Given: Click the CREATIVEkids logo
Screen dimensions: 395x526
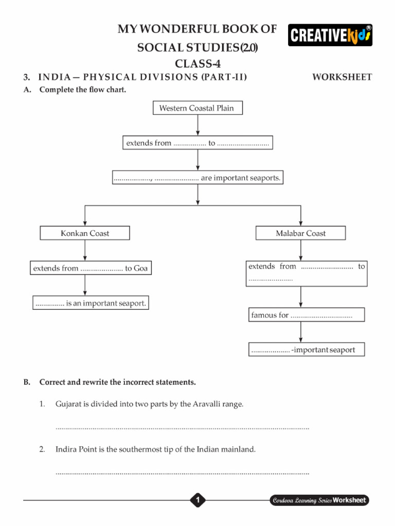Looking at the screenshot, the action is tap(330, 35).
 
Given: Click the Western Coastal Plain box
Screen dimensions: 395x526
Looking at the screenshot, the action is tap(197, 108).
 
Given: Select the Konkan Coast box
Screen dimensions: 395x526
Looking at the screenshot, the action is tap(85, 233).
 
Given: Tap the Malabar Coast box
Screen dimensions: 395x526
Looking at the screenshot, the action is tap(300, 233).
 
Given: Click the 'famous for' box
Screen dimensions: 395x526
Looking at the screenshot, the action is tap(307, 315).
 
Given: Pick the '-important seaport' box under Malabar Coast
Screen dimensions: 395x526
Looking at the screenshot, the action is tap(307, 349).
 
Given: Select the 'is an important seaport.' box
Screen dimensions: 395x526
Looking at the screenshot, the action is tap(91, 303).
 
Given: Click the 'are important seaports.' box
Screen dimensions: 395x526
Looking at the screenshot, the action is tap(197, 177).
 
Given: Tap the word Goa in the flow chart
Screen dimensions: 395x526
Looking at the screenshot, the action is tap(141, 268).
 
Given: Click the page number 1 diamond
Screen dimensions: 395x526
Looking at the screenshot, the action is tap(197, 500).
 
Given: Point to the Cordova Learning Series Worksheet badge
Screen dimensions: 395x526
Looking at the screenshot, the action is tap(319, 500).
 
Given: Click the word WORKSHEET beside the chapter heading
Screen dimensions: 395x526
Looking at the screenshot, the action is tap(342, 77).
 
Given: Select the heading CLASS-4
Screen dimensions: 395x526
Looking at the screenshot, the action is tap(197, 63).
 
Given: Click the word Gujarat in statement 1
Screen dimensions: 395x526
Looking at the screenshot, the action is tap(68, 404).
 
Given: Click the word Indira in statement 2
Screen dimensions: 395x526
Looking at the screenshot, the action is tap(66, 449).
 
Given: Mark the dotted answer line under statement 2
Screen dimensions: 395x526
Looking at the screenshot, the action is tap(182, 474).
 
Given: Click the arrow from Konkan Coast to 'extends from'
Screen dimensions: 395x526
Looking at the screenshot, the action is tap(85, 250).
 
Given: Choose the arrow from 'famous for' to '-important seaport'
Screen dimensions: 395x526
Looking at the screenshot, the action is tap(300, 332).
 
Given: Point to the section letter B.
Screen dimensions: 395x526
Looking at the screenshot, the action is tap(27, 382).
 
